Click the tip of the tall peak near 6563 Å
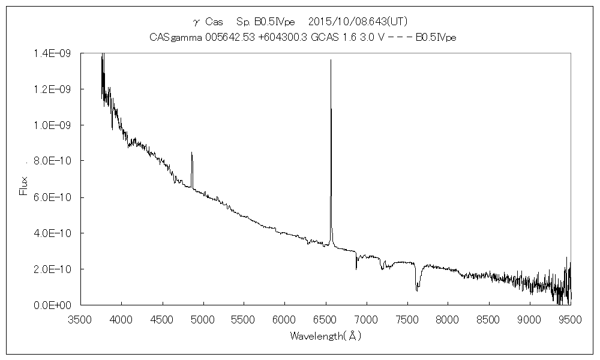click(331, 60)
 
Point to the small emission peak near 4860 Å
click(191, 153)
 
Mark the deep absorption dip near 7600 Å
click(417, 290)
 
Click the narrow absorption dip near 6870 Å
click(356, 268)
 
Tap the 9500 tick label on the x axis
click(569, 319)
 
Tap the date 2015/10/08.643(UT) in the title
click(358, 22)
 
